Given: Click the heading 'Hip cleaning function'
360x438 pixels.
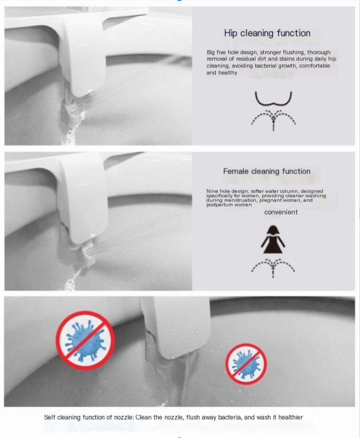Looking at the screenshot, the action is click(267, 33).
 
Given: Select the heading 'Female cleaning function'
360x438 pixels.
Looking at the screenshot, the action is click(267, 171).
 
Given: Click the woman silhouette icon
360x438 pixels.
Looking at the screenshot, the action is click(273, 239).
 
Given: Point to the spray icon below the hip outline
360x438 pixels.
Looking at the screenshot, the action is click(273, 120).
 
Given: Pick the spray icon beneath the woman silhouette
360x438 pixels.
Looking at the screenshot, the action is click(273, 268).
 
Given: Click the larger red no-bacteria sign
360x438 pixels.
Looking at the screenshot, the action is click(85, 340).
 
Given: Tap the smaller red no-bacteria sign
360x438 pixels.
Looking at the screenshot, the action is click(246, 364).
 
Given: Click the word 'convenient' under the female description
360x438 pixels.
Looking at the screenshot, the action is click(281, 212).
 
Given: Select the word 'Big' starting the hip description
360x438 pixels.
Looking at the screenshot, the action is click(211, 53).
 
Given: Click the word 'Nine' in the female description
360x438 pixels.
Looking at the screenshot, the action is click(212, 191).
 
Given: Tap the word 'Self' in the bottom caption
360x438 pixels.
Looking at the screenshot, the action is click(49, 417).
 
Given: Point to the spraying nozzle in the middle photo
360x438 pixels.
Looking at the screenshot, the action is click(87, 253).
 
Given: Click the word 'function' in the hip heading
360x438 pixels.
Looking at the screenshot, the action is click(293, 33).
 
